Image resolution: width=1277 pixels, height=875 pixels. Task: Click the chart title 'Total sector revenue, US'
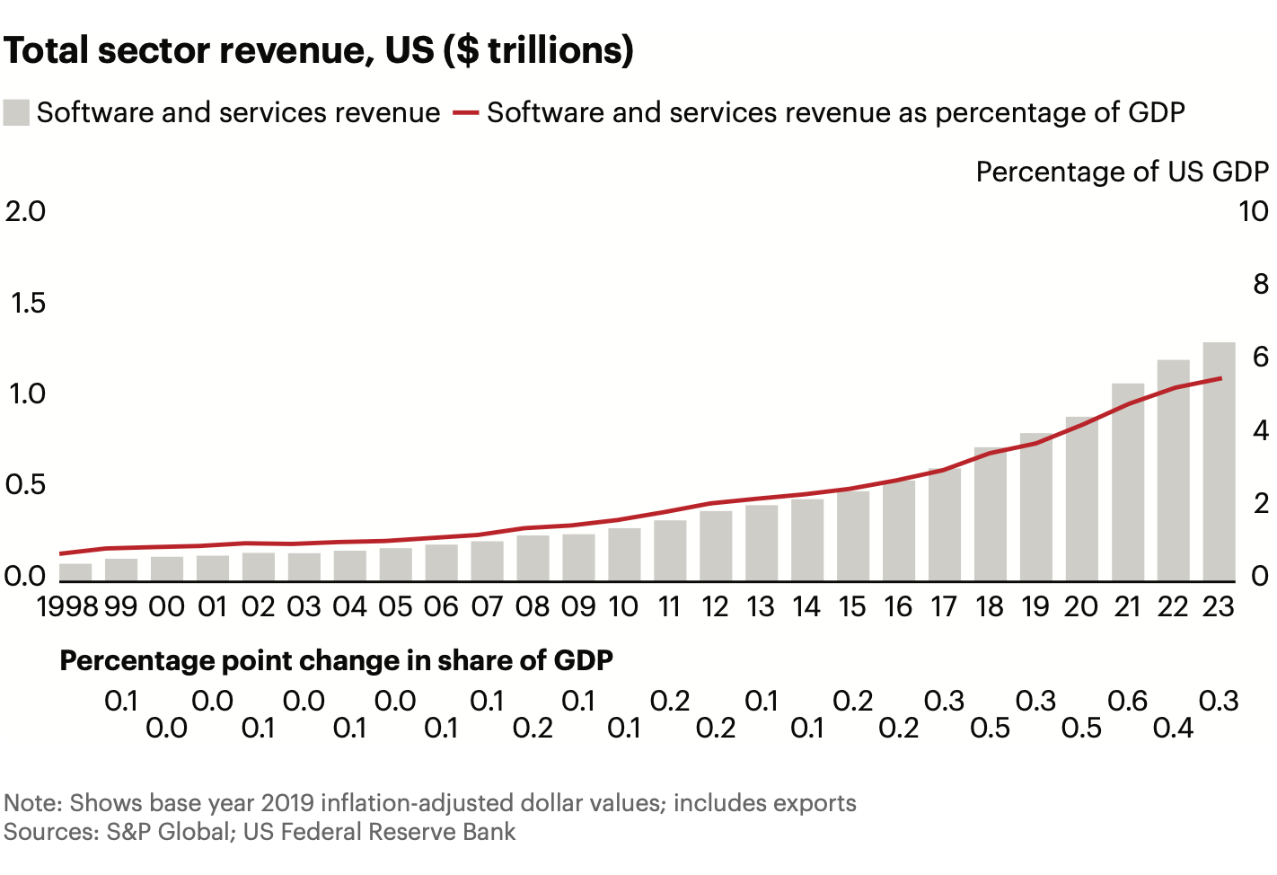pyautogui.click(x=319, y=50)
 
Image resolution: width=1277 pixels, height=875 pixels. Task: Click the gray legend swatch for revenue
pyautogui.click(x=17, y=113)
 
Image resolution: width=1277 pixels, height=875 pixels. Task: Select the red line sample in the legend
pyautogui.click(x=465, y=113)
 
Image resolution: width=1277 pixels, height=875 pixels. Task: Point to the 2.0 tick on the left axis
pyautogui.click(x=25, y=211)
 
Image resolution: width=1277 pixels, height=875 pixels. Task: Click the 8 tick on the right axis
pyautogui.click(x=1260, y=285)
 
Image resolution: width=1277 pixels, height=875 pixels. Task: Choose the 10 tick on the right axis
pyautogui.click(x=1253, y=211)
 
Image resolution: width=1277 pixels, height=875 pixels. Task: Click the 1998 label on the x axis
pyautogui.click(x=67, y=607)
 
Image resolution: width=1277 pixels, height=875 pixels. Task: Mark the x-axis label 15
pyautogui.click(x=852, y=607)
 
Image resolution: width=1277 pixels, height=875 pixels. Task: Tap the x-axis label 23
pyautogui.click(x=1219, y=607)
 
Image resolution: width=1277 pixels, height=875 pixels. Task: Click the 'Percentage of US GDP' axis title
pyautogui.click(x=1122, y=172)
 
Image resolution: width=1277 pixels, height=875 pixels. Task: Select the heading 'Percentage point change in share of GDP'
pyautogui.click(x=336, y=661)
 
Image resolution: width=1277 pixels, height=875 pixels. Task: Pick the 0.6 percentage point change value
pyautogui.click(x=1127, y=701)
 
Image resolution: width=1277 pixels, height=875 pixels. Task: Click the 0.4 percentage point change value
pyautogui.click(x=1173, y=728)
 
